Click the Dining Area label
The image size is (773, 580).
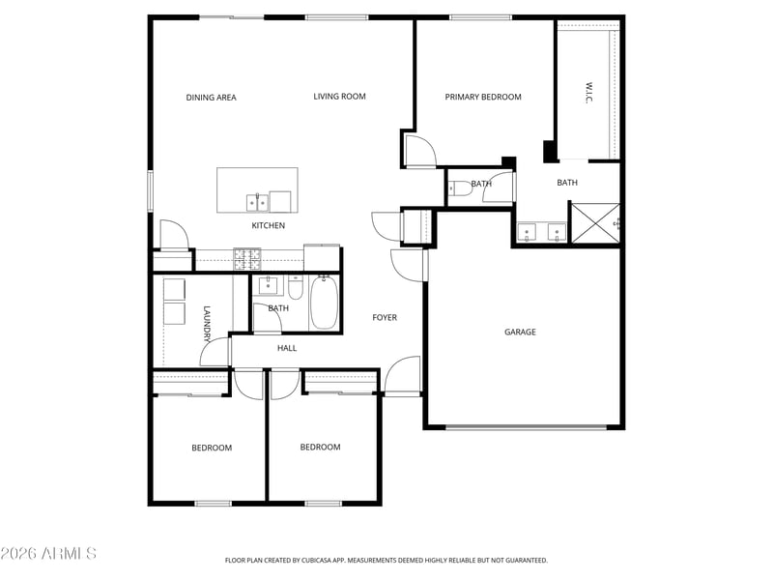pyautogui.click(x=211, y=98)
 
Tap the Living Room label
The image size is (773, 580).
pyautogui.click(x=340, y=97)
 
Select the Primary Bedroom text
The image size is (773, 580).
pyautogui.click(x=483, y=98)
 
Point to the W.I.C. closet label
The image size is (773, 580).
pyautogui.click(x=588, y=93)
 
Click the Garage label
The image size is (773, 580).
pyautogui.click(x=520, y=332)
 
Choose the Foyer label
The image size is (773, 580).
pyautogui.click(x=385, y=318)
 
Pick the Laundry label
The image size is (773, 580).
pyautogui.click(x=207, y=324)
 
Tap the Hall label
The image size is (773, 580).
pyautogui.click(x=287, y=348)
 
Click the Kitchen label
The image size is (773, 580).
pyautogui.click(x=269, y=225)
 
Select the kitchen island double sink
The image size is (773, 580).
pyautogui.click(x=257, y=202)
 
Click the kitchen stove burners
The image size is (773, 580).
pyautogui.click(x=247, y=259)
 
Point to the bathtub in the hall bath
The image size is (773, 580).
pyautogui.click(x=324, y=303)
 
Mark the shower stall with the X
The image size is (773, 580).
pyautogui.click(x=595, y=223)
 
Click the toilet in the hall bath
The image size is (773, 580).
pyautogui.click(x=296, y=288)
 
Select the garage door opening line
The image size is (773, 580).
pyautogui.click(x=526, y=426)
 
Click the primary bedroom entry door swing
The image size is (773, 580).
pyautogui.click(x=420, y=151)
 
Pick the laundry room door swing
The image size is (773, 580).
pyautogui.click(x=215, y=352)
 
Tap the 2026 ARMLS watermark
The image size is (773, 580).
pyautogui.click(x=48, y=553)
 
